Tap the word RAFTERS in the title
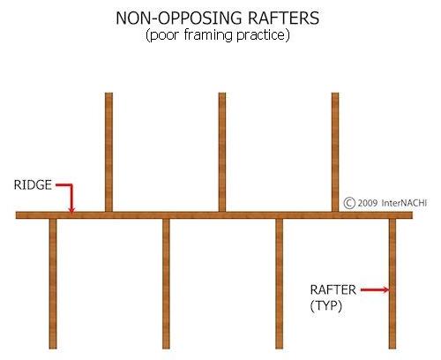283,19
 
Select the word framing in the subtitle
208,35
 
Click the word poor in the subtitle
162,36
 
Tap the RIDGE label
33,185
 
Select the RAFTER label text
333,290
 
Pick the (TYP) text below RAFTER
326,306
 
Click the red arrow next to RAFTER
375,290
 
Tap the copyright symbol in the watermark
349,203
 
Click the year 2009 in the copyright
368,203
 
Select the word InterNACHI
404,203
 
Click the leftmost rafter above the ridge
108,152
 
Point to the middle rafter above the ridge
222,152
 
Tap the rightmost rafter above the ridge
335,152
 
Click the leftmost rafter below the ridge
53,284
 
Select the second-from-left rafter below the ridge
166,284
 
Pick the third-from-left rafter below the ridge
280,284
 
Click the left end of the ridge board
17,215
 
